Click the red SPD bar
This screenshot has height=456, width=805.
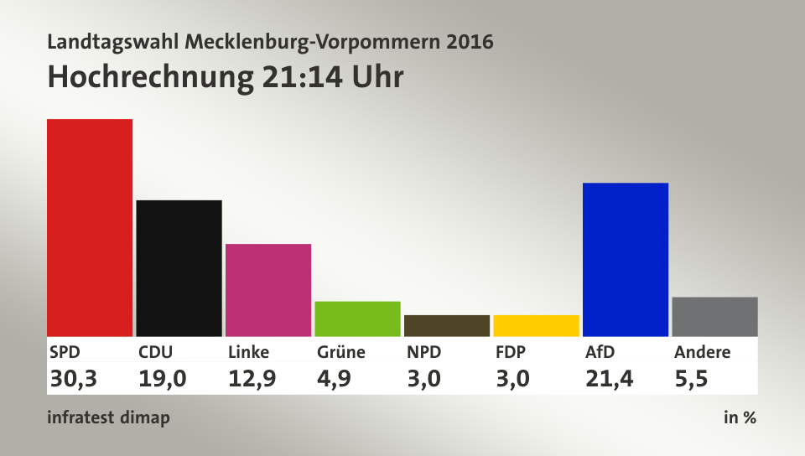tap(90, 227)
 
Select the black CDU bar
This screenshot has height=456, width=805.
tap(179, 267)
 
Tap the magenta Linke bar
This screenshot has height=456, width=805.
tap(268, 289)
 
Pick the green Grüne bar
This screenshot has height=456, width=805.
tap(357, 319)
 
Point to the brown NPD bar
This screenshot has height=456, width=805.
tap(447, 325)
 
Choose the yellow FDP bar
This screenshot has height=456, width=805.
tap(536, 325)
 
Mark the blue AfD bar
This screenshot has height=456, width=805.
tap(625, 259)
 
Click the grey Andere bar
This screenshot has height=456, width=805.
tap(714, 316)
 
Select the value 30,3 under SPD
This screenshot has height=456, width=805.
tap(74, 379)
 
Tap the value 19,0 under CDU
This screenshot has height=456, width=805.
tap(162, 379)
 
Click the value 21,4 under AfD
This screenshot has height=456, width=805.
tap(609, 379)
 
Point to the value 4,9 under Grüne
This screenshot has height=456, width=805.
tap(335, 379)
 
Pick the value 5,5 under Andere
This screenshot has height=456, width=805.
tap(691, 379)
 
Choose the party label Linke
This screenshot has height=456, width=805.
tap(248, 352)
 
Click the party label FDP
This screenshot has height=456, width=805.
tap(511, 352)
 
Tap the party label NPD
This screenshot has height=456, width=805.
tap(423, 352)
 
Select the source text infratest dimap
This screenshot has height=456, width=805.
tap(108, 417)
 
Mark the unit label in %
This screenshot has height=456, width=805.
tap(740, 417)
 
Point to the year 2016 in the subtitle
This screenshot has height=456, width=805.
tap(470, 41)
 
